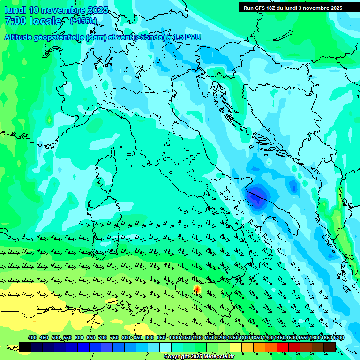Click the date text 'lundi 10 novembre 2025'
56,10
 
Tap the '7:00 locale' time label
33,21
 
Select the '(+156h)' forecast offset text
83,21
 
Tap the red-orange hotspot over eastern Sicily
197,289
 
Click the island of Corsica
106,169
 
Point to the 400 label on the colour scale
32,337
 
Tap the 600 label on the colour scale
79,337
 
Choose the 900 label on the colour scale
149,337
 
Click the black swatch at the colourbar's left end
25,347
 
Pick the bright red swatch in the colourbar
283,347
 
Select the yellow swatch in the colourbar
236,347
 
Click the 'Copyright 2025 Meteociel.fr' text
199,356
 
